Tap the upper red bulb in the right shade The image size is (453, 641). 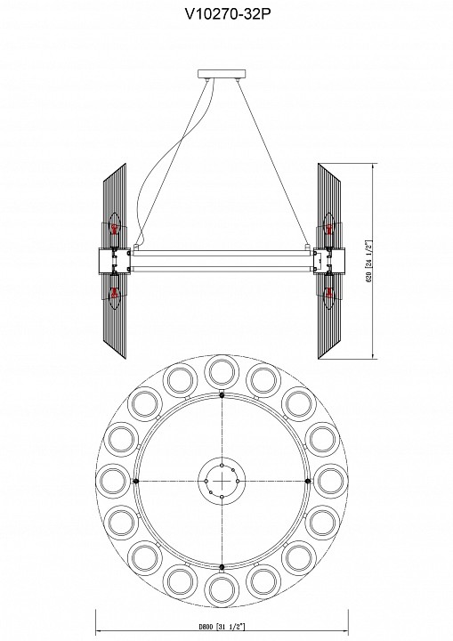(x=328, y=231)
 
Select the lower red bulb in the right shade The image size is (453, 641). (x=328, y=289)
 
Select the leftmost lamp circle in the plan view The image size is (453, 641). (x=113, y=481)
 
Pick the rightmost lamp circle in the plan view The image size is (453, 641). (x=329, y=481)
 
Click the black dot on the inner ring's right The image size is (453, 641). (x=308, y=481)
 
